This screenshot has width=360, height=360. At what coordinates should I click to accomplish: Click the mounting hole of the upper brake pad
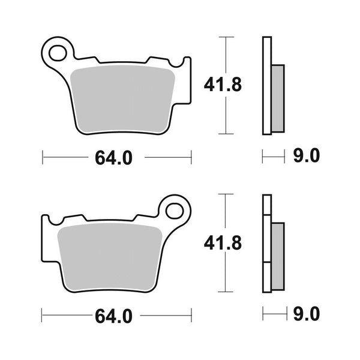coord(58,53)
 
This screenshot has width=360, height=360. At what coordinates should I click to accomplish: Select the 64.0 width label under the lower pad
coord(113,314)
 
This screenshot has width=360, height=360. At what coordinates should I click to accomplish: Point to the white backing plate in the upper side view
coord(267,85)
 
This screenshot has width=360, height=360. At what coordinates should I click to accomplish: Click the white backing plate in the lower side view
coord(267,243)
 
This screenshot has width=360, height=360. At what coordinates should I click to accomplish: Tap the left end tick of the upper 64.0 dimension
coord(43,157)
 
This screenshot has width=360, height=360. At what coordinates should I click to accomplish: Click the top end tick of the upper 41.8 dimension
coord(226,37)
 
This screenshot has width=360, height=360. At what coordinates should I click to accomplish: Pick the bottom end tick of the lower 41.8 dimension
coord(226,292)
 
